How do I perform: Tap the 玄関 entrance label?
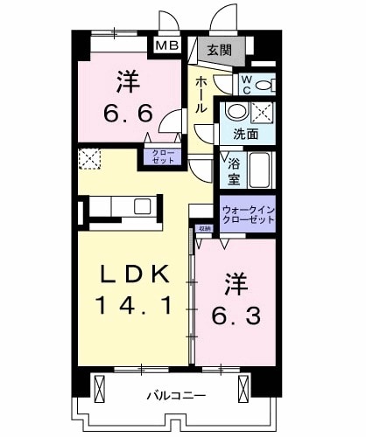(220, 51)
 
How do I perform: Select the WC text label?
(246, 84)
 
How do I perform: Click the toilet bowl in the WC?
(269, 85)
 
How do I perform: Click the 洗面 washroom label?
(246, 135)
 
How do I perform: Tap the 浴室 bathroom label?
(233, 171)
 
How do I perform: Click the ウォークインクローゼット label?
(248, 215)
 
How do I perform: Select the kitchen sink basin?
(142, 207)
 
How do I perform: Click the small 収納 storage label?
(203, 229)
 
